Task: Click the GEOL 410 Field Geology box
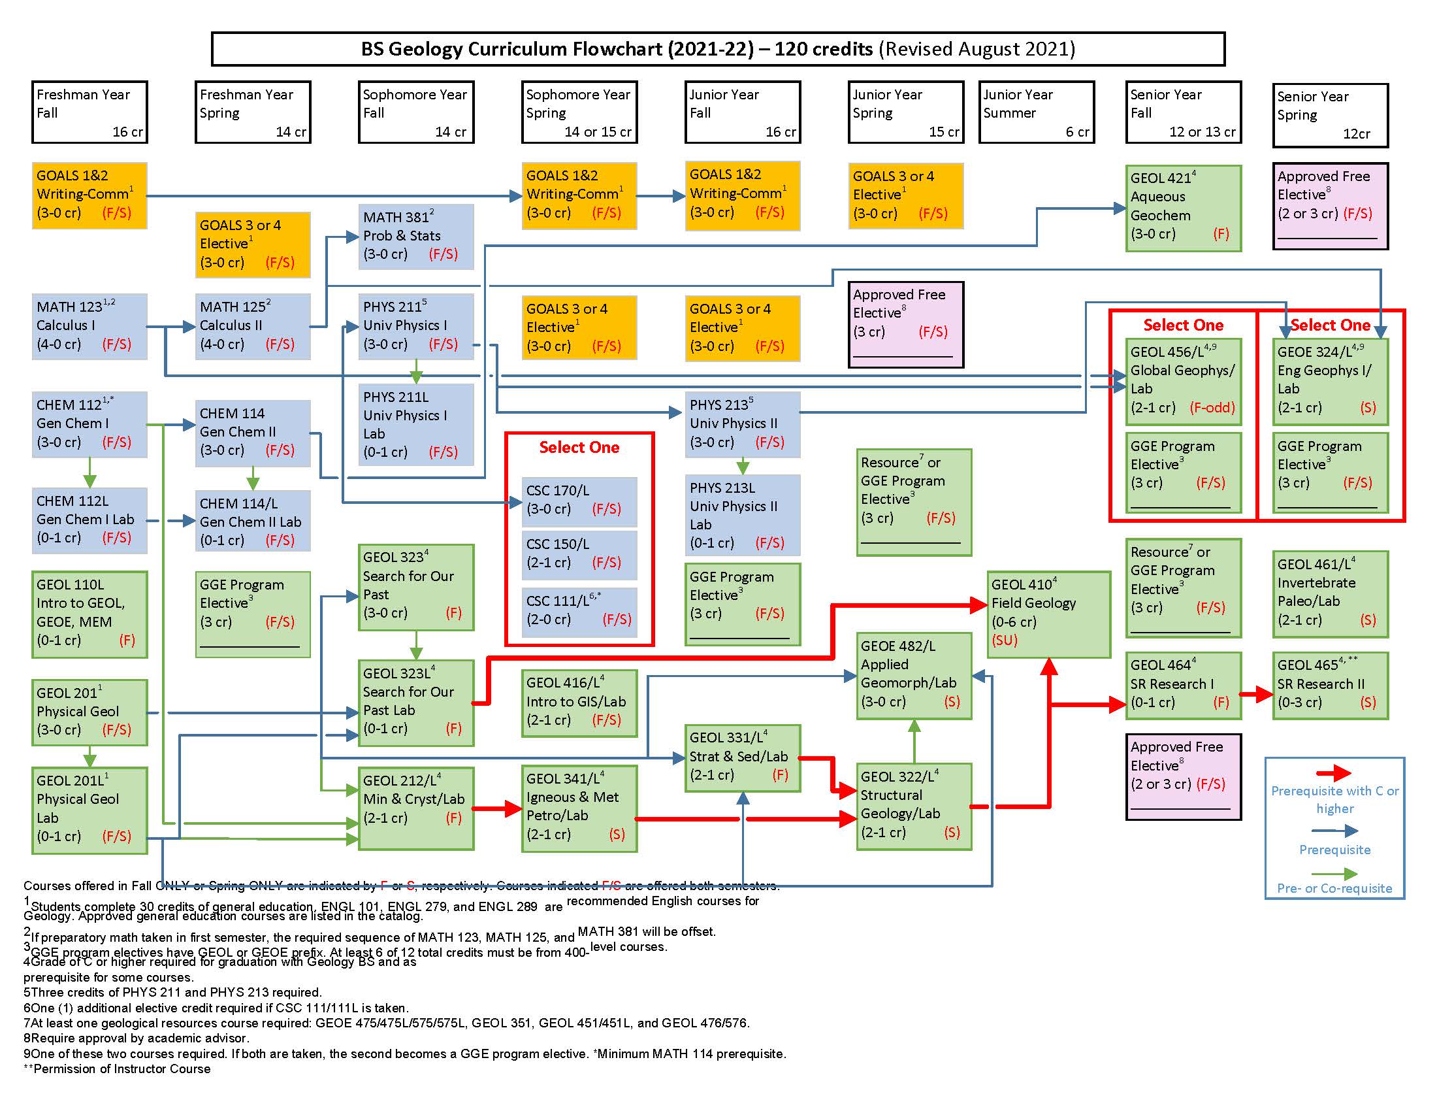(x=1048, y=614)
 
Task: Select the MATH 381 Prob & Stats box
(x=416, y=237)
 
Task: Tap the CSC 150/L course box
(x=579, y=554)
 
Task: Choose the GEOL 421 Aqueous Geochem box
(x=1183, y=208)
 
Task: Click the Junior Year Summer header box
(x=1037, y=112)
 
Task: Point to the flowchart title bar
(x=718, y=50)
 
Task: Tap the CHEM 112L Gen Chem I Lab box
(x=89, y=520)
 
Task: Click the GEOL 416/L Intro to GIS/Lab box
(x=579, y=703)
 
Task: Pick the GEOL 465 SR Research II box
(x=1330, y=685)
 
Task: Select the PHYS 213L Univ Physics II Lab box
(x=742, y=516)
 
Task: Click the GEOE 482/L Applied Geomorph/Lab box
(x=913, y=675)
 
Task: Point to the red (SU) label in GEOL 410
(x=1005, y=640)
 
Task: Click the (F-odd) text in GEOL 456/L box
(x=1212, y=407)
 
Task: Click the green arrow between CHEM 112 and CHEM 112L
(x=90, y=473)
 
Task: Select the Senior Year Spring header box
(x=1330, y=115)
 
